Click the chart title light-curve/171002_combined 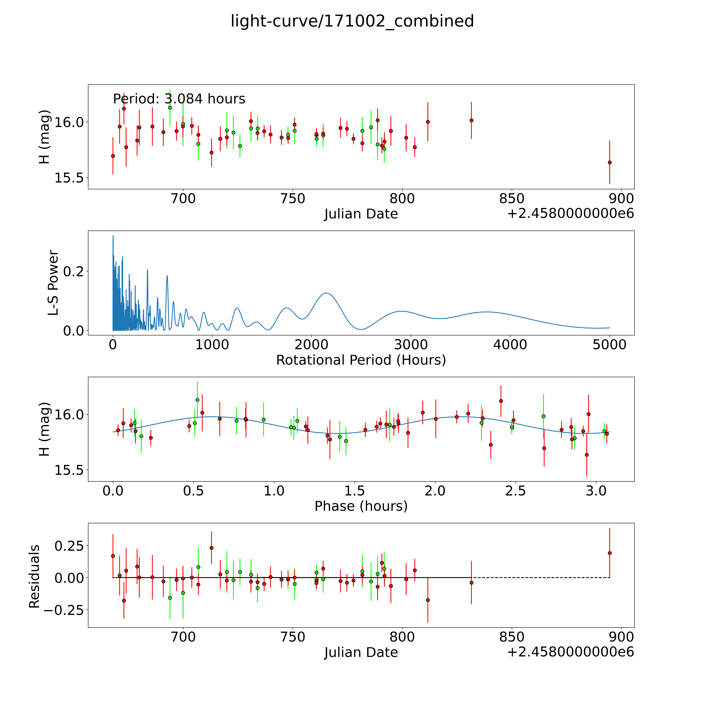[352, 21]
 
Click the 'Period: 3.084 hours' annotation [179, 99]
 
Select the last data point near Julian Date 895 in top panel [609, 162]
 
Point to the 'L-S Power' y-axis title [53, 283]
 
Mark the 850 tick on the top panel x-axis [512, 199]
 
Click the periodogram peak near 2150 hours [326, 293]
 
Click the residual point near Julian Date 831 [471, 583]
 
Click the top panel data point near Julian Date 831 [471, 120]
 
